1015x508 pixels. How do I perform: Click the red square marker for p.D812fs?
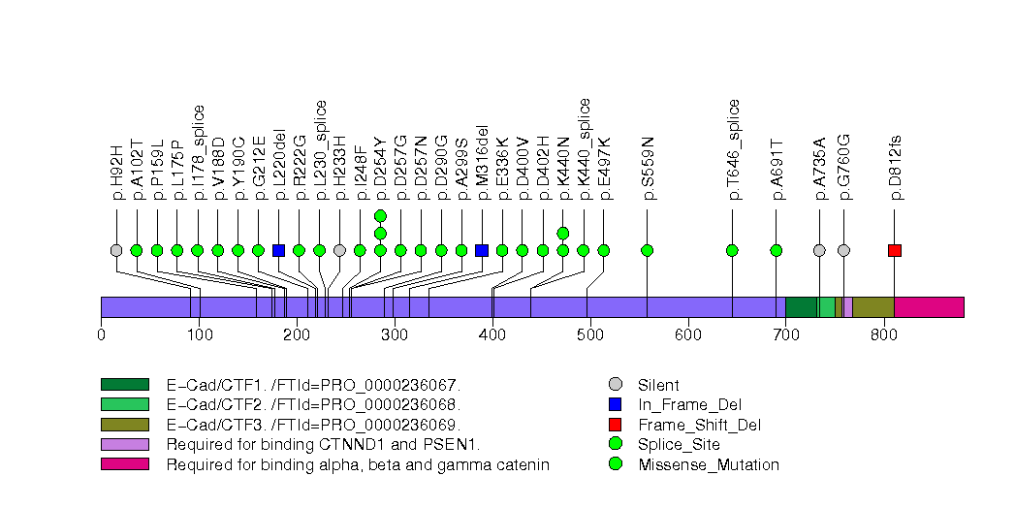click(x=894, y=250)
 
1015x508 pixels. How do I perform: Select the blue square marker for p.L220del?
click(x=279, y=250)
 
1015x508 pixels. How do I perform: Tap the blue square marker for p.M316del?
click(x=482, y=250)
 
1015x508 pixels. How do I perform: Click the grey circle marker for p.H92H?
click(x=116, y=250)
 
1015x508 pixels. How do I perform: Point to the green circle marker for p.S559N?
click(x=648, y=250)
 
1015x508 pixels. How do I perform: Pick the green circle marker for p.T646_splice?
click(x=732, y=250)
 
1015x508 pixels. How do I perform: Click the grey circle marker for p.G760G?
click(x=843, y=250)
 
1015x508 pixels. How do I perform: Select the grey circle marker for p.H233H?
click(x=339, y=250)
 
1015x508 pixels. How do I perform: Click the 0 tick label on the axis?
click(x=101, y=335)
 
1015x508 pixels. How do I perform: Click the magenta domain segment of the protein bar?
click(x=929, y=307)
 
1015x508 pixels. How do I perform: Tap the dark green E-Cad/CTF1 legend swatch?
click(x=124, y=385)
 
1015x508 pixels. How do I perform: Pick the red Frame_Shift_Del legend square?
click(x=614, y=425)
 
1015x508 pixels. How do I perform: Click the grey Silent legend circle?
click(x=614, y=385)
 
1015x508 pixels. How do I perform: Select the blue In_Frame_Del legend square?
click(x=614, y=404)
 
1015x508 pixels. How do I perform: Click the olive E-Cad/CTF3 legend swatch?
click(x=124, y=425)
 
